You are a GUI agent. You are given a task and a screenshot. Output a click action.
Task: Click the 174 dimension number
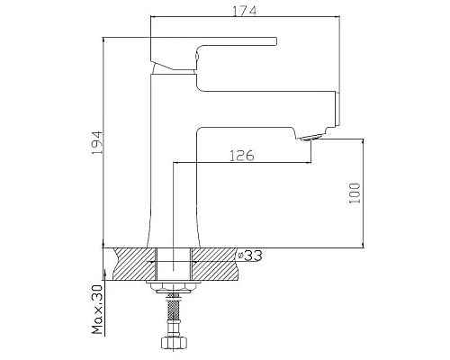[242, 12]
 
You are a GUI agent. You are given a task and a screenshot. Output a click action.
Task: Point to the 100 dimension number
[355, 193]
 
